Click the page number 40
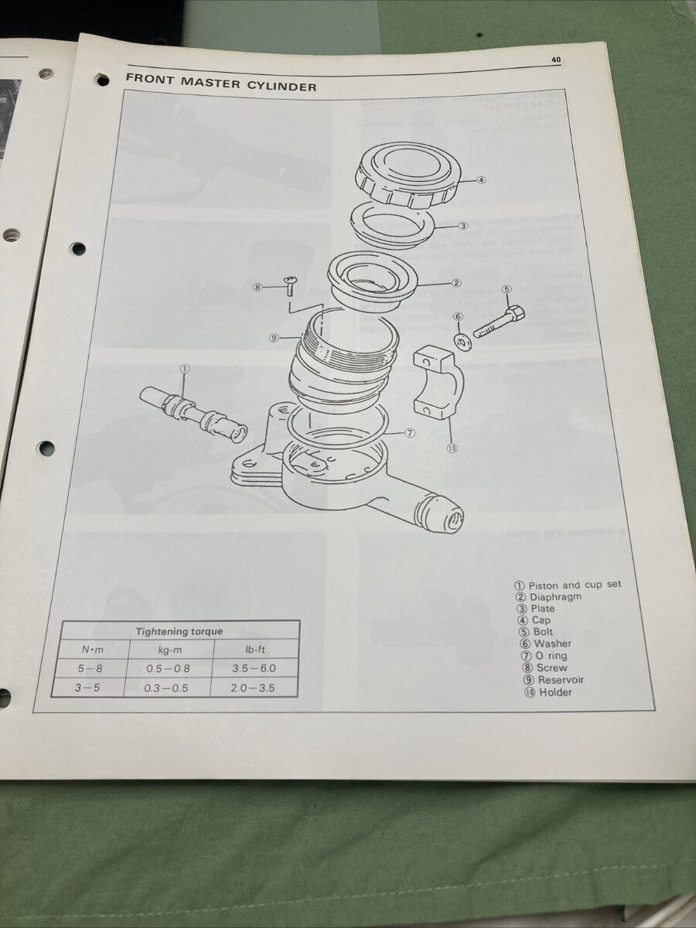556,60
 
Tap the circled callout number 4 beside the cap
481,180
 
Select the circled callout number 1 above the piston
183,369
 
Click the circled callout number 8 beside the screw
258,287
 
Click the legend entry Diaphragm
555,597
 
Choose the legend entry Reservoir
560,680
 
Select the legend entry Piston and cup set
574,585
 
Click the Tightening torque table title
179,631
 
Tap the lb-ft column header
255,650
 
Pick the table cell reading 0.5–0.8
169,669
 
